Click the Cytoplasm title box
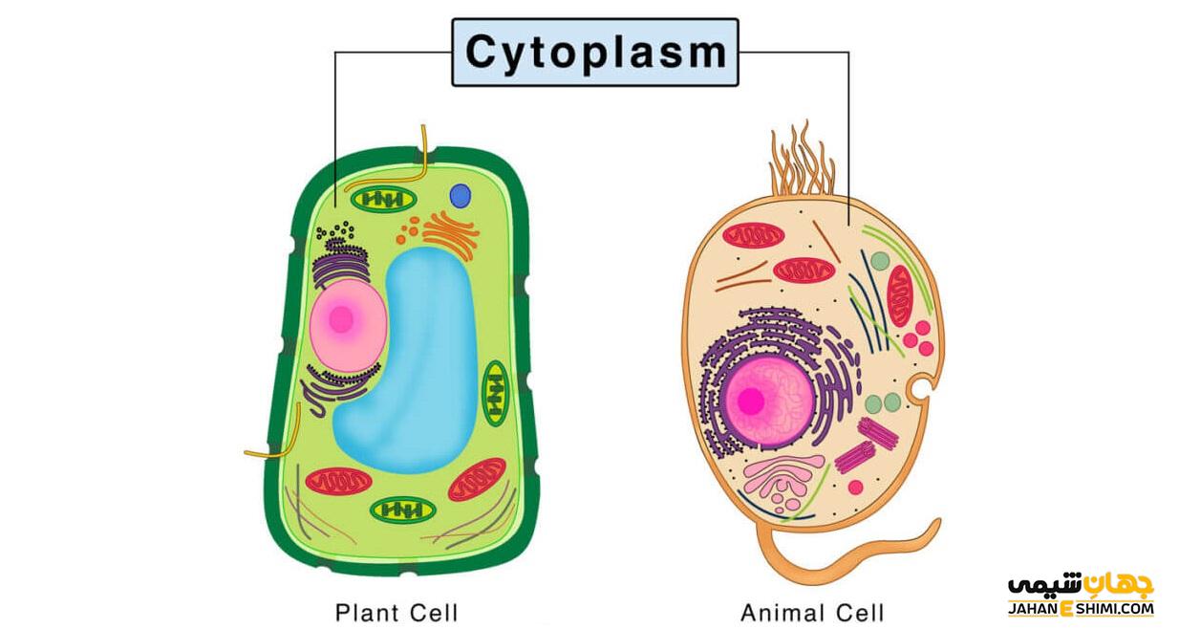point(594,53)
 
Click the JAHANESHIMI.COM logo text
point(1081,608)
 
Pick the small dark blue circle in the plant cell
point(461,196)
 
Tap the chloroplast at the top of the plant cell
point(384,200)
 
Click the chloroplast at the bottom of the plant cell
point(402,510)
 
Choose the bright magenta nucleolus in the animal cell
point(750,401)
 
